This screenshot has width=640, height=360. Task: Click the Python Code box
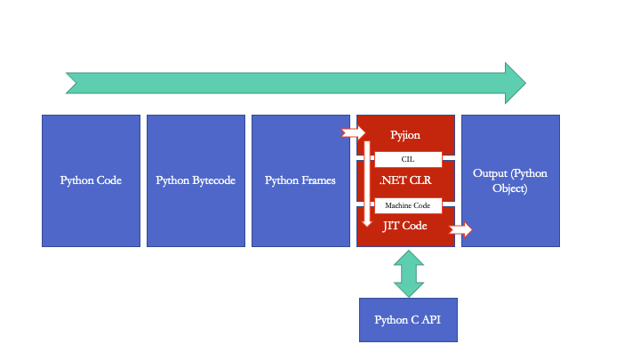[x=91, y=180]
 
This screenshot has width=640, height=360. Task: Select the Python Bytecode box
[x=196, y=180]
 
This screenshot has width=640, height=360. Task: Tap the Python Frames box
[x=300, y=180]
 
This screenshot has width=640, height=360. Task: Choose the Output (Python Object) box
[x=510, y=180]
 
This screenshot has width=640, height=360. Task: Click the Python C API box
[x=408, y=320]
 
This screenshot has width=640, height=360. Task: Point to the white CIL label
[x=408, y=159]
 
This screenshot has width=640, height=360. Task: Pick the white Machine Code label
[x=408, y=205]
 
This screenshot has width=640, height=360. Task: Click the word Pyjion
[x=405, y=135]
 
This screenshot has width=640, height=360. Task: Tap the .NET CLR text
[x=405, y=180]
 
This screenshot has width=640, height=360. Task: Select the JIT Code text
[x=405, y=226]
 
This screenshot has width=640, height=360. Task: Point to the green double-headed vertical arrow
[x=409, y=274]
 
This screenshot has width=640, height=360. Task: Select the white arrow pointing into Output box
[x=461, y=230]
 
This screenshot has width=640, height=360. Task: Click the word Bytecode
[x=214, y=180]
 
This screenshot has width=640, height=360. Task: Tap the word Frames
[x=318, y=180]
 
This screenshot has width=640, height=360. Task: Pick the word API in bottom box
[x=430, y=320]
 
